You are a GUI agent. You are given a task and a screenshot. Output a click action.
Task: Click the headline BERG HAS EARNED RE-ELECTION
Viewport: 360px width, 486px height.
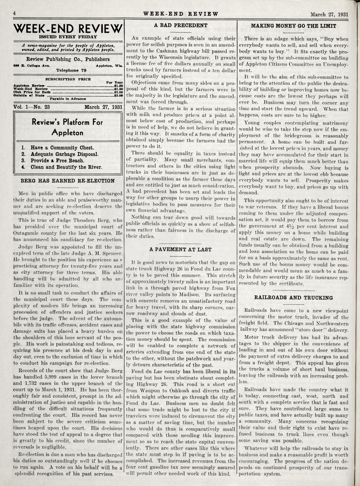point(68,181)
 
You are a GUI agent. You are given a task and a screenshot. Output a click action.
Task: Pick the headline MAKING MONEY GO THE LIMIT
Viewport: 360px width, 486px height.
point(293,26)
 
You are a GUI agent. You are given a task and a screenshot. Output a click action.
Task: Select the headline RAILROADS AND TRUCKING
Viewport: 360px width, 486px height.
point(293,298)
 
